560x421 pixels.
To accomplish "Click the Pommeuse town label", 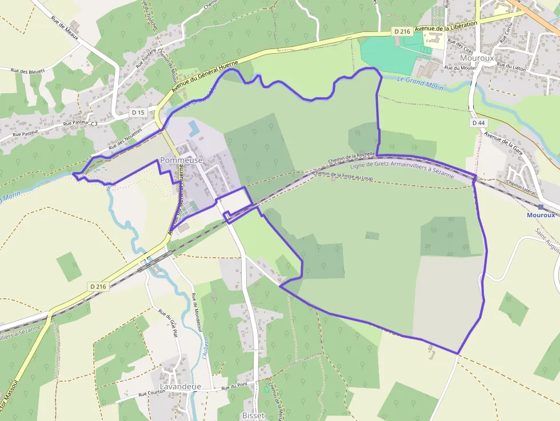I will click(x=182, y=161).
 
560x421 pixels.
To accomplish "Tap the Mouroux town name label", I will click(x=477, y=58).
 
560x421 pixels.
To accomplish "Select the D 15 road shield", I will click(x=138, y=113).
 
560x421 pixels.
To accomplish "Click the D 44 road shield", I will click(x=479, y=123).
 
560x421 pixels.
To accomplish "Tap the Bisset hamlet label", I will click(x=253, y=415).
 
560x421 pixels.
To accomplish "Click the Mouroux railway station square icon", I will click(x=541, y=207).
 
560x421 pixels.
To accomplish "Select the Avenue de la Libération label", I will click(x=446, y=27).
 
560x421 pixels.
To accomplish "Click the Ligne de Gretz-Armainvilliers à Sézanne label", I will click(x=402, y=169).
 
